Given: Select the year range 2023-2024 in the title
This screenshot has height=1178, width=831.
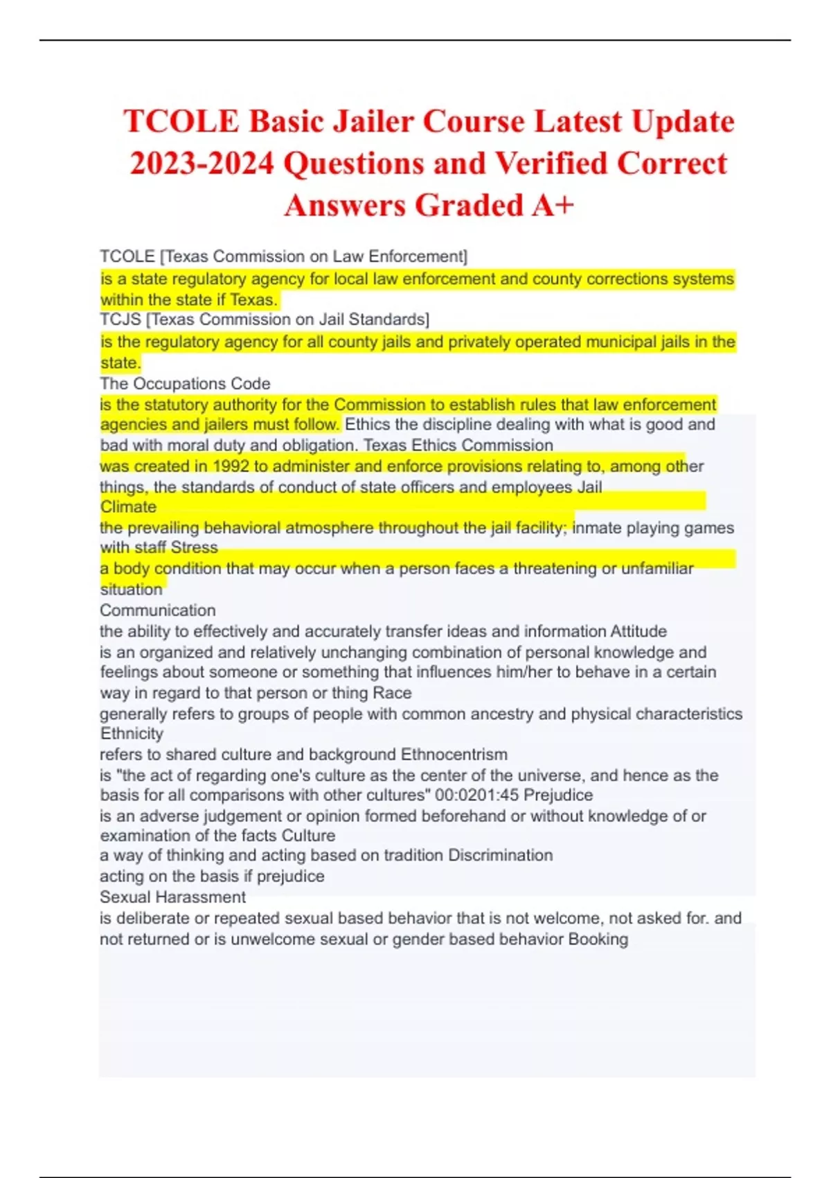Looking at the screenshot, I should (x=202, y=164).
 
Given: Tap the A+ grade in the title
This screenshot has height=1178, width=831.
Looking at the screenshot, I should (x=553, y=205).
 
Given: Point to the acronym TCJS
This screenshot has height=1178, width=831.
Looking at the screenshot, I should (x=120, y=319).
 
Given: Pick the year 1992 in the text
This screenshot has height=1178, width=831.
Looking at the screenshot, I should (x=231, y=466).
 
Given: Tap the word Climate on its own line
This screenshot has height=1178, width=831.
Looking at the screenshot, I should (x=128, y=507).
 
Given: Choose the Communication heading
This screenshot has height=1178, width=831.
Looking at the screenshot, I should (x=158, y=610).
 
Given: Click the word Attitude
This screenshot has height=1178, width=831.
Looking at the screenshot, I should (x=638, y=631).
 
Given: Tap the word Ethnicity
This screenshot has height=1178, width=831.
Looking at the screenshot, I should (x=132, y=733).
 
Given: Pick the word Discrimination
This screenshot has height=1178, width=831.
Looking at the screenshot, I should (x=500, y=855).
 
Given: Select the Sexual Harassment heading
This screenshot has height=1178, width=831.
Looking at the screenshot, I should (x=172, y=897).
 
